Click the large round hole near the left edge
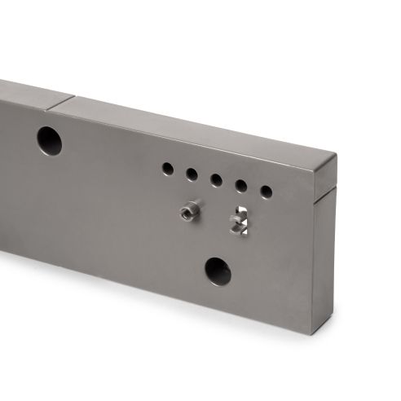coord(49,141)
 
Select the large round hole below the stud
coord(218,271)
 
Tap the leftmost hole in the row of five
coord(167,169)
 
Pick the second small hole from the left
coord(192,174)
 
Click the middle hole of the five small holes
coord(216,180)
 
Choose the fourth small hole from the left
coord(241,186)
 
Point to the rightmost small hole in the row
coord(266,192)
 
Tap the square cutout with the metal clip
coord(239,221)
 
